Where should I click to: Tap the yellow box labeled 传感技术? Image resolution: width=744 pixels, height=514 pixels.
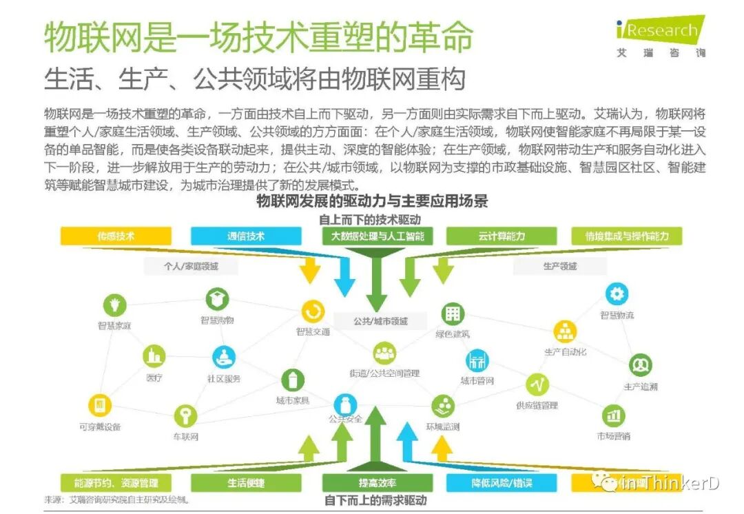click(115, 236)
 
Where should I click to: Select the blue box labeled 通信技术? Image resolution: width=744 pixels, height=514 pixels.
click(246, 236)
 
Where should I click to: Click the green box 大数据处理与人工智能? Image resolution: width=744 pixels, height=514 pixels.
click(377, 236)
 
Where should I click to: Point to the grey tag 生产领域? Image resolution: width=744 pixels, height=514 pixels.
click(559, 266)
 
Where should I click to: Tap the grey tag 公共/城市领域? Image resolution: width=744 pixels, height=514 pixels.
click(380, 321)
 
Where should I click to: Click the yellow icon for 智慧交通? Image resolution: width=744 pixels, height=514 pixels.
click(313, 311)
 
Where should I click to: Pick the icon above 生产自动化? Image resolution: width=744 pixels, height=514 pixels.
click(565, 331)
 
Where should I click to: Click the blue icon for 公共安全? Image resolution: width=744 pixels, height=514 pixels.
click(344, 402)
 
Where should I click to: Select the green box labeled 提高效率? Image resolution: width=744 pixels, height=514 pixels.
click(377, 483)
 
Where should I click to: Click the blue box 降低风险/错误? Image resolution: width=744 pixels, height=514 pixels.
click(502, 483)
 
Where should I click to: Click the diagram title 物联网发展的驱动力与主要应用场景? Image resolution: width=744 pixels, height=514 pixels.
click(371, 202)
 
